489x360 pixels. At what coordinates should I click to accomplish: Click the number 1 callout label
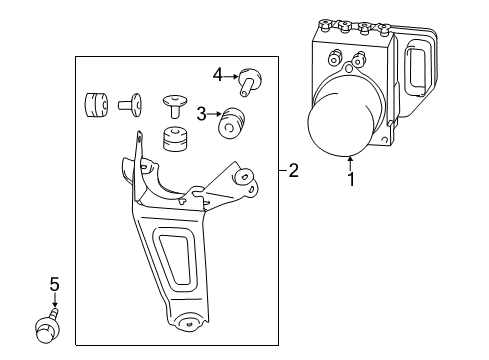tap(350, 181)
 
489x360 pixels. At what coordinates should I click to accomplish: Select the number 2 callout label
tap(293, 171)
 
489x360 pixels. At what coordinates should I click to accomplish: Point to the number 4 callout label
tap(218, 72)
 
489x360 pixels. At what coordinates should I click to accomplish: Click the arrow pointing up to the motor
tap(350, 162)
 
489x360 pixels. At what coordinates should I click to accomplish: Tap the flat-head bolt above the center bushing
tap(174, 103)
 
